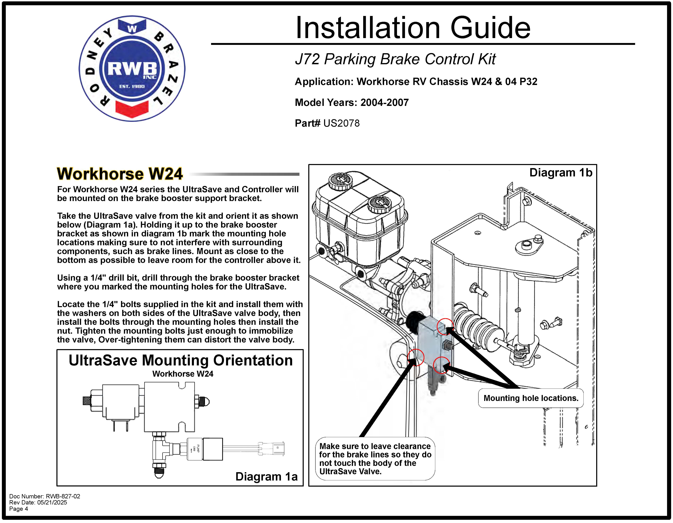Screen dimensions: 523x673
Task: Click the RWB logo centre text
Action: [132, 68]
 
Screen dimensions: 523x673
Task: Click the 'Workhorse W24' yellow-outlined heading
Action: [120, 174]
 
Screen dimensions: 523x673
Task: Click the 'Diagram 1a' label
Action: [266, 476]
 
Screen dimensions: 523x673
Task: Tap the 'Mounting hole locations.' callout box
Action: [531, 398]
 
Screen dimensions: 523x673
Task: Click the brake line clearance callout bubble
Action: [375, 459]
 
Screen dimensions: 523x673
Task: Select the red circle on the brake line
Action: [416, 357]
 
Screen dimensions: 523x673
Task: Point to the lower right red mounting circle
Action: [441, 365]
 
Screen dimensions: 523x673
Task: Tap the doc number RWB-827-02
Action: [45, 496]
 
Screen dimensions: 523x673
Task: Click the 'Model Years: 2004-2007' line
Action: [352, 102]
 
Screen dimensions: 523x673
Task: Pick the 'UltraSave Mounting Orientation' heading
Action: [181, 360]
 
